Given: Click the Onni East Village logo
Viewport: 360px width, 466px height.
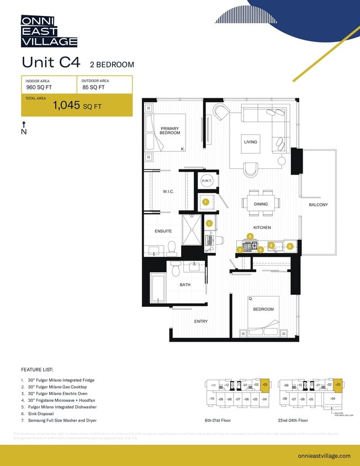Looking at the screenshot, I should (49, 31).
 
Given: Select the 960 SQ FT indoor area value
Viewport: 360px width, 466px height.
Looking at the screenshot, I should (40, 87).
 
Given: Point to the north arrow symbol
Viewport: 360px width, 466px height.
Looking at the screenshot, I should (24, 128).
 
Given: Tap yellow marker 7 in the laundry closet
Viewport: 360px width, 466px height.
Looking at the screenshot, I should (205, 202).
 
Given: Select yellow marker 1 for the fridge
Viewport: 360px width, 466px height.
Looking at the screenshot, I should (209, 224).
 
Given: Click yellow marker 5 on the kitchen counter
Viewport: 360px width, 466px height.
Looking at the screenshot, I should (290, 246).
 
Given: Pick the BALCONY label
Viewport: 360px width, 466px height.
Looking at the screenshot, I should (318, 205).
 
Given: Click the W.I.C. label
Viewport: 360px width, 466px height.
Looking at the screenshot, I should (168, 192).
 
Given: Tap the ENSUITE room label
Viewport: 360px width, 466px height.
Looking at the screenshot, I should (163, 231).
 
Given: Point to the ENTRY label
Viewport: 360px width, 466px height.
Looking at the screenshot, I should (200, 321).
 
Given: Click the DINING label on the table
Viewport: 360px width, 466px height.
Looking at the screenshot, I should (261, 204).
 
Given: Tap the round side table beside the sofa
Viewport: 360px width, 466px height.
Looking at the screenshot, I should (281, 161).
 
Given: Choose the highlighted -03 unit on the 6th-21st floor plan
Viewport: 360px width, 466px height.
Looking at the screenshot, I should (264, 384).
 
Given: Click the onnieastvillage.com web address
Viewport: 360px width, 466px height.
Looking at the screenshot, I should (324, 456).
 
